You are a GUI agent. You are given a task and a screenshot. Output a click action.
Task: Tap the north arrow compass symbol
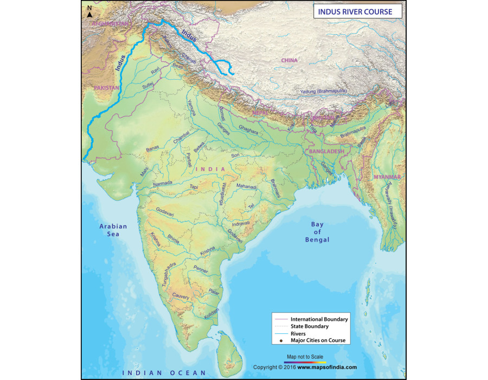click(x=89, y=11)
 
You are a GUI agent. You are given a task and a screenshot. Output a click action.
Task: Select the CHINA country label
click(x=290, y=61)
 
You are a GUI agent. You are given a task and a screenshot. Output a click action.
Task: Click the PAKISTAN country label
click(x=106, y=87)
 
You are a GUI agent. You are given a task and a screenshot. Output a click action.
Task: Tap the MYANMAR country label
click(x=387, y=178)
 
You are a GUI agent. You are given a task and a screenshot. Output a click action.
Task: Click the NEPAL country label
click(x=260, y=112)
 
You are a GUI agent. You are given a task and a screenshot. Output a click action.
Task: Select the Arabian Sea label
click(x=113, y=230)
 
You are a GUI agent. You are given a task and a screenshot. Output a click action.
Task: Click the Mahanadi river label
click(x=247, y=186)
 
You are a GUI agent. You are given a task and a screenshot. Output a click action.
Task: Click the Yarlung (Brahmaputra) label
click(x=325, y=92)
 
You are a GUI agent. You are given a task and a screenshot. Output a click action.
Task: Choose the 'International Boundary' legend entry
click(x=319, y=319)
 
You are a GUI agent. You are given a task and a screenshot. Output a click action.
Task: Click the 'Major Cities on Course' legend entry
click(x=318, y=340)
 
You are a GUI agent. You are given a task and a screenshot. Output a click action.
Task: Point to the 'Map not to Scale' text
click(x=305, y=357)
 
